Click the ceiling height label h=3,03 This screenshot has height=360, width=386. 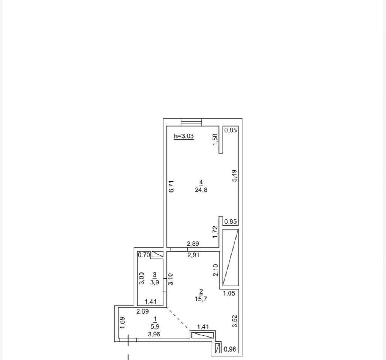tap(184, 136)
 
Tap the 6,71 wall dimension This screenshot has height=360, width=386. tap(172, 186)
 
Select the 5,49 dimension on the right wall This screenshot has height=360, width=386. tap(235, 176)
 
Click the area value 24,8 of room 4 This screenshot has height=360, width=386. tap(201, 190)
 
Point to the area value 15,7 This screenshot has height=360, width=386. tap(201, 299)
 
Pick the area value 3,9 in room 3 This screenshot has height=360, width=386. tap(155, 282)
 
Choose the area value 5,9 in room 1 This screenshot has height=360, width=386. tap(155, 326)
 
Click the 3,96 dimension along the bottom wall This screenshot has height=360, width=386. tap(154, 334)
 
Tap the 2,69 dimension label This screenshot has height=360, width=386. tap(142, 311)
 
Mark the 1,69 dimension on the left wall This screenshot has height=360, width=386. tap(123, 323)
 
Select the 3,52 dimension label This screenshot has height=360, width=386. tap(235, 321)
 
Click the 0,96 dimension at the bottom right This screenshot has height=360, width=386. tap(230, 349)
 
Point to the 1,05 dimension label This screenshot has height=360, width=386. tap(229, 293)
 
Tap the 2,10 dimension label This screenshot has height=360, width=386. tap(216, 270)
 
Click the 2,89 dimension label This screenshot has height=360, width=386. tap(193, 243)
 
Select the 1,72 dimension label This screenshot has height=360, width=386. tap(215, 232)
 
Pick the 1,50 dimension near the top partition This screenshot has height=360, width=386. tap(215, 140)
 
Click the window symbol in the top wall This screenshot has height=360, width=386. tap(191, 122)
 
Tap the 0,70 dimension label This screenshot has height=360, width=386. tap(144, 255)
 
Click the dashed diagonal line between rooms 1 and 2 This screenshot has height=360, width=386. tap(178, 319)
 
